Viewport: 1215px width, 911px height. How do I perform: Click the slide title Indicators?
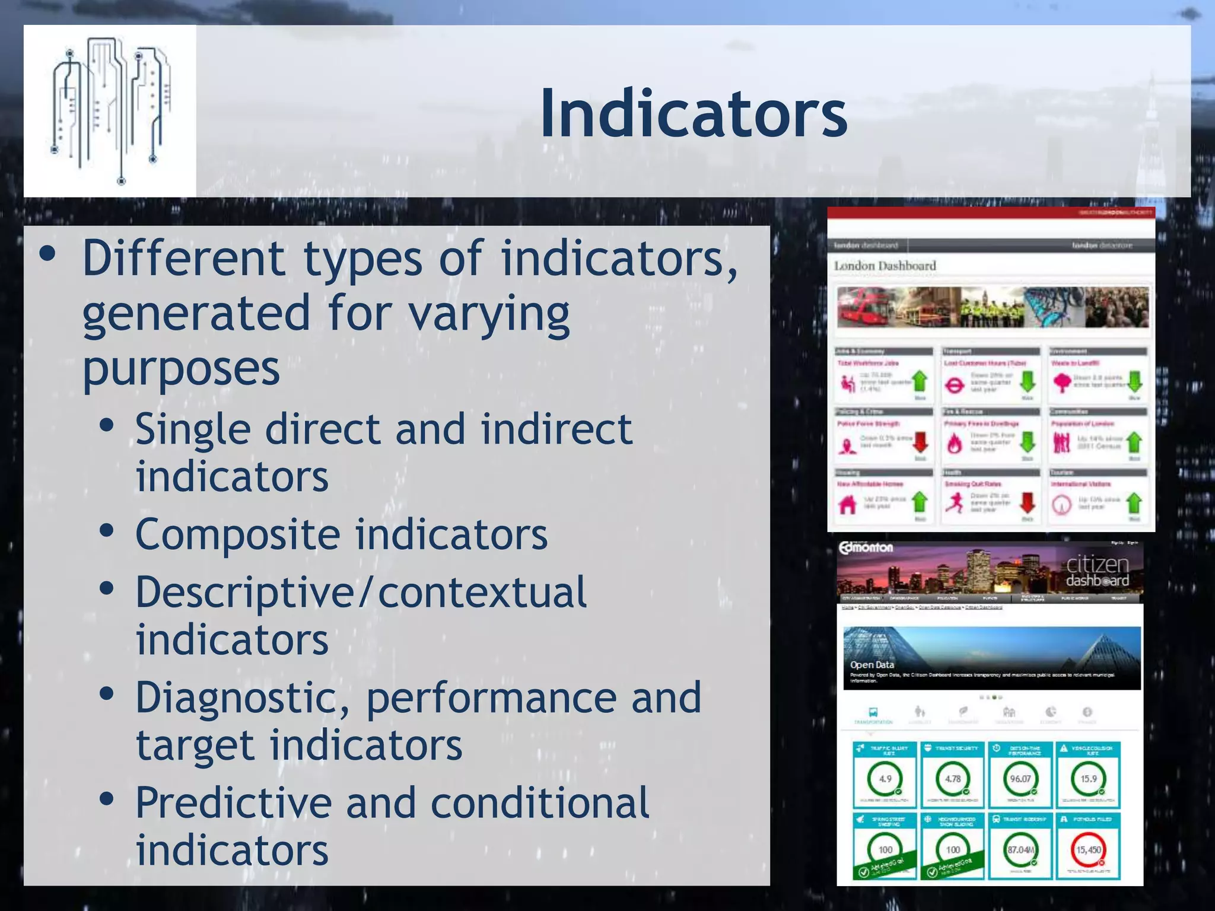[x=693, y=113]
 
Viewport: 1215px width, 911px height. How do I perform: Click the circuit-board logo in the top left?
[x=110, y=111]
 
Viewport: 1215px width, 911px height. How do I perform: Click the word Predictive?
[x=233, y=803]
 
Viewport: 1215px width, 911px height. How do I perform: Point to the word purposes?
[x=181, y=369]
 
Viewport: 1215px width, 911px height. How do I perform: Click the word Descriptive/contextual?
[x=361, y=593]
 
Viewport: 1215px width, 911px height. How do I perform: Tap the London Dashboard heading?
[x=885, y=266]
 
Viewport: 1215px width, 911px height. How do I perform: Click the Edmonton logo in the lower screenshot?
[x=866, y=548]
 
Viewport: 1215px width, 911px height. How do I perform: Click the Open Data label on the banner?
[x=872, y=665]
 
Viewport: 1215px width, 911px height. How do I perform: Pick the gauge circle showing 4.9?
[x=885, y=779]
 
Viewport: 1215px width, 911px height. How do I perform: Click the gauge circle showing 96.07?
[x=1020, y=779]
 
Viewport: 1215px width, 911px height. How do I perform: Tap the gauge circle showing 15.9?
[x=1088, y=779]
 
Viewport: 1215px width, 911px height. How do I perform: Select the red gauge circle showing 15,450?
[x=1089, y=850]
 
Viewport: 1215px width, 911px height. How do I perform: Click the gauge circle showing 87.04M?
[x=1020, y=850]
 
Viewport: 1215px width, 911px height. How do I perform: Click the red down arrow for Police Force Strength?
[x=920, y=442]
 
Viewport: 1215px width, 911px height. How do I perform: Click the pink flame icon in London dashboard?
[x=954, y=443]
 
